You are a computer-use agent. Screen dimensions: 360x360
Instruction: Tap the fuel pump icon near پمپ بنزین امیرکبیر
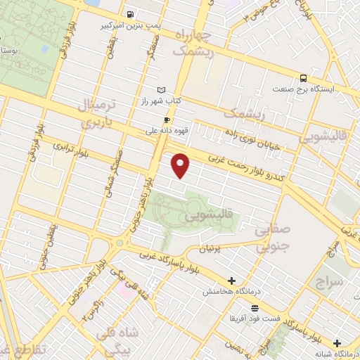pyautogui.click(x=131, y=14)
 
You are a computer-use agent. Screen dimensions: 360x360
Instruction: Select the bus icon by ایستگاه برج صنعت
pyautogui.click(x=302, y=78)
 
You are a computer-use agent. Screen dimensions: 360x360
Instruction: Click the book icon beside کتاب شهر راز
pyautogui.click(x=162, y=90)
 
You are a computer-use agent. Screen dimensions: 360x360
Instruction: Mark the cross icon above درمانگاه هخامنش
pyautogui.click(x=232, y=281)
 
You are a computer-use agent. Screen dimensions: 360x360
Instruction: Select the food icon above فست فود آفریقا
pyautogui.click(x=253, y=308)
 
